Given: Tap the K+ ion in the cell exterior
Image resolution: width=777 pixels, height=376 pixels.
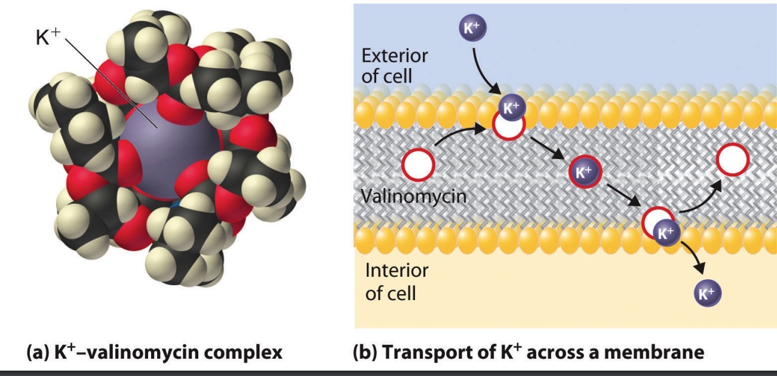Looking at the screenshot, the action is point(472,28).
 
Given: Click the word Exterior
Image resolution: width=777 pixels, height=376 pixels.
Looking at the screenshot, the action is point(395,56).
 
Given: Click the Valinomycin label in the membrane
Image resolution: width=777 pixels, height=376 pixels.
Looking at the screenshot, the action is point(413,195).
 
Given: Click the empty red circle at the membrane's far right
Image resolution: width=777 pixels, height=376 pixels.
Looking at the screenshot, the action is point(732,160).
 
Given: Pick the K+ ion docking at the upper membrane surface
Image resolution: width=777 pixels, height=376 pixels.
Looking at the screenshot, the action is point(509,108).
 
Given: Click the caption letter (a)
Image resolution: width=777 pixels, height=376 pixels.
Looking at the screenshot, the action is point(37,352).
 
